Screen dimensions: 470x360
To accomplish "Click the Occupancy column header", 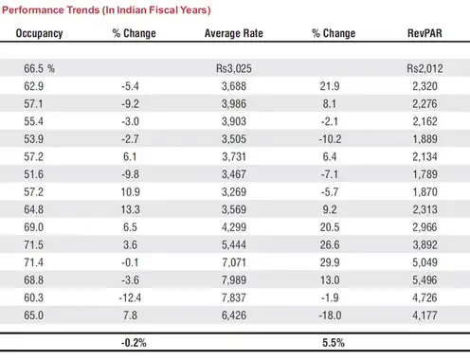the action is coord(39,33).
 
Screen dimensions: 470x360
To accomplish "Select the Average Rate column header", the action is coord(234,33).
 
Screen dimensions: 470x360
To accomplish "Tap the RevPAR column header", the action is coord(425,33).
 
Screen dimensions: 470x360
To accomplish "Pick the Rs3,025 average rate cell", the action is coord(234,68).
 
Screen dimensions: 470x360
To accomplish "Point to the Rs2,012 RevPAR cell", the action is coord(425,68).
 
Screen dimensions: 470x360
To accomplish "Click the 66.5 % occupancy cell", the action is coord(39,68).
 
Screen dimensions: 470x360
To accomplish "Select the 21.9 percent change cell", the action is coord(330,86).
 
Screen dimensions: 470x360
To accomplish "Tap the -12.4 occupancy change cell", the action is coord(130,297).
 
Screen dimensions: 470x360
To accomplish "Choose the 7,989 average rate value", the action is coord(234,280).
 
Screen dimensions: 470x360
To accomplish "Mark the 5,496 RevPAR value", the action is coord(425,280).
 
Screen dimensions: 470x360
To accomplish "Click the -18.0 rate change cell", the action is coord(330,315).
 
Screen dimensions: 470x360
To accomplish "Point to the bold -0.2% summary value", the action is coord(134,343).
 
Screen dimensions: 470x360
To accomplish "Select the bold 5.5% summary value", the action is coord(334,343).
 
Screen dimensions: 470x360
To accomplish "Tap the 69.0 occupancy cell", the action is coord(33,227).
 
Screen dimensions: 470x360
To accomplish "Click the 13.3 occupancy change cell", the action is coord(130,209).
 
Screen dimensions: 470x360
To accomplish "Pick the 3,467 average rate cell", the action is coord(234,174).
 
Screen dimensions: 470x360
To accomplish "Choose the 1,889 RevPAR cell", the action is coord(425,139).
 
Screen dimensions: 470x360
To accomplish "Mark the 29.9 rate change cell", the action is coord(330,262).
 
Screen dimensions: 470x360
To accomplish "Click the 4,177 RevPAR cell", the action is coord(425,315).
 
